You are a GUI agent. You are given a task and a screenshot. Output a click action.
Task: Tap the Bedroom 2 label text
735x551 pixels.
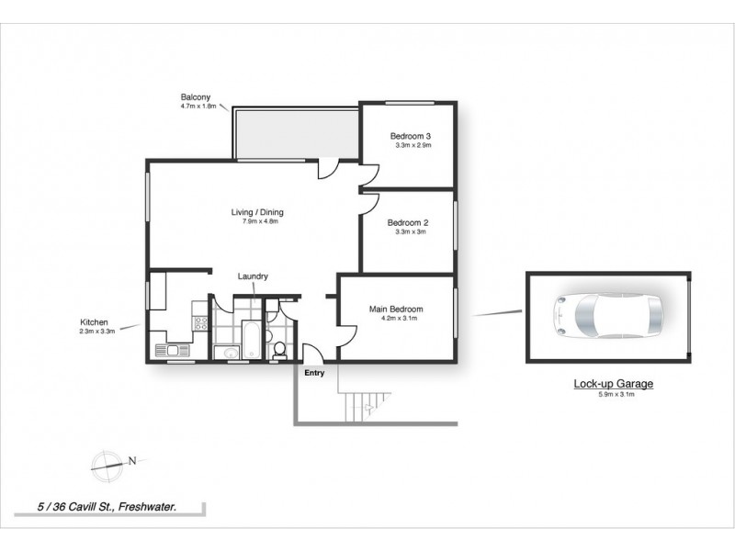408,222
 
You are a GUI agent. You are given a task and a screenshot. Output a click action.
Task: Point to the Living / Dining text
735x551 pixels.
257,212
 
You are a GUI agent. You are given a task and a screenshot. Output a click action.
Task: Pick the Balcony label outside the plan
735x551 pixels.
194,97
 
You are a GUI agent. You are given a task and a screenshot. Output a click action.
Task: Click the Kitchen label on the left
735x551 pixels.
95,322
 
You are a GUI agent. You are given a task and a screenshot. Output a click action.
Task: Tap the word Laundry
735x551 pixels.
252,276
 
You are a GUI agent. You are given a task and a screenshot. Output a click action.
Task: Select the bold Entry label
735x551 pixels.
314,373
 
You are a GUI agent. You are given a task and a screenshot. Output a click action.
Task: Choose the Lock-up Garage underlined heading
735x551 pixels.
607,385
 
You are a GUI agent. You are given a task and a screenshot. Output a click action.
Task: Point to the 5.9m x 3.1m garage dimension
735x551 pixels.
607,395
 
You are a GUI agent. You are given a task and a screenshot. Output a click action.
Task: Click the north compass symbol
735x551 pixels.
107,462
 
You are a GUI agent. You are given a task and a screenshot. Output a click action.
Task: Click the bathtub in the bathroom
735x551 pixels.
252,341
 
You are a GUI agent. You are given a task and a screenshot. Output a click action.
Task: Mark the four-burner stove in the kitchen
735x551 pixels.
199,322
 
